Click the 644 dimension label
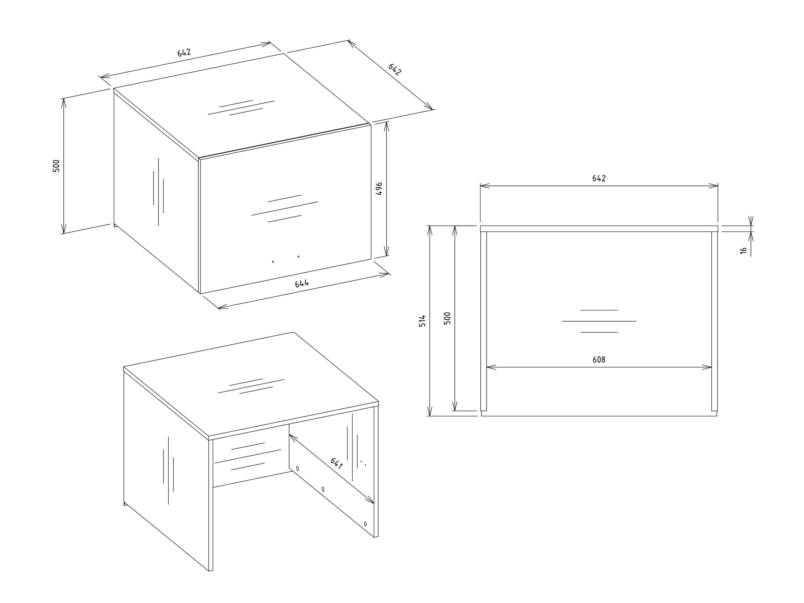(302, 283)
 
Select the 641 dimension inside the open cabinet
(336, 464)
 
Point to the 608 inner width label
(599, 360)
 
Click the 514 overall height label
(422, 321)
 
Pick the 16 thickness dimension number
(744, 250)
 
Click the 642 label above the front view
(599, 178)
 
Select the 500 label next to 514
(447, 318)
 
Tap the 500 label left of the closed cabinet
(56, 166)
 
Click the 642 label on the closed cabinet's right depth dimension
(395, 69)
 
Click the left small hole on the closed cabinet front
(273, 262)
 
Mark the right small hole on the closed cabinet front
(299, 256)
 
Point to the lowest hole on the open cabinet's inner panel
(365, 524)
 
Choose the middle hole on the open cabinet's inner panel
(323, 489)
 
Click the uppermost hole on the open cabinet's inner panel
(298, 468)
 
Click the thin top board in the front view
(599, 229)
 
